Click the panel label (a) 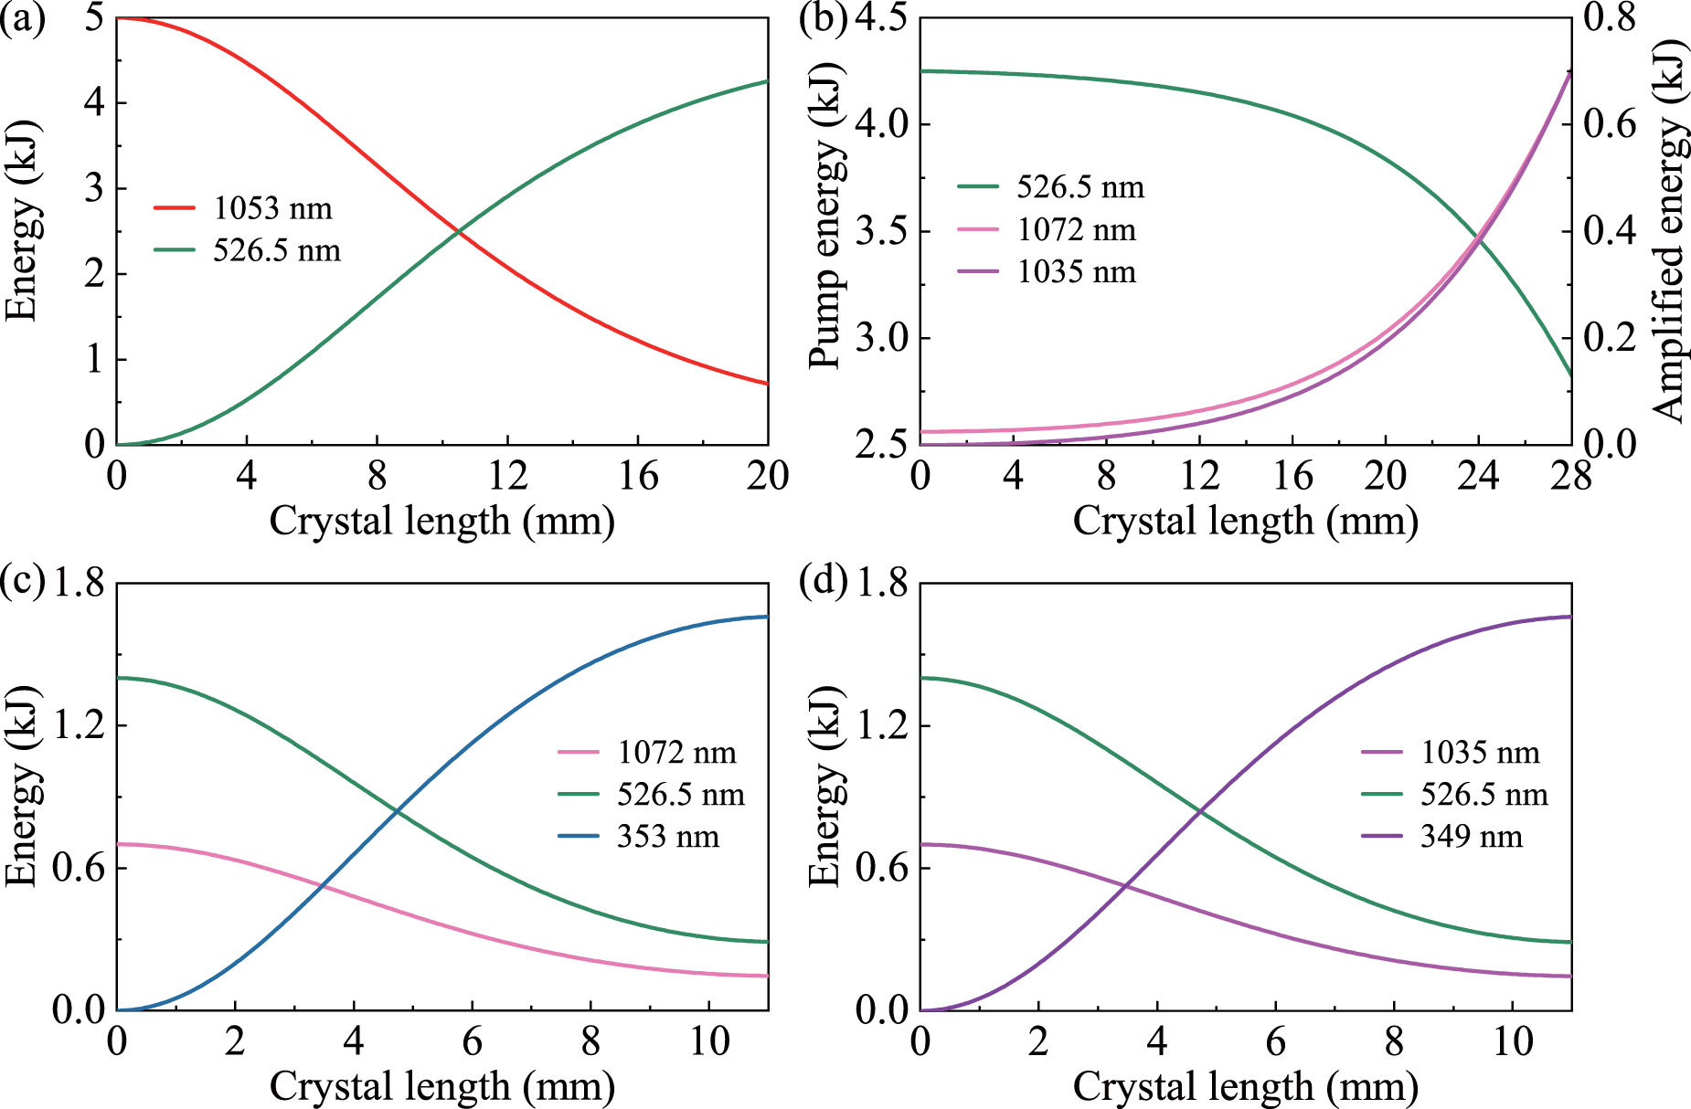pyautogui.click(x=22, y=18)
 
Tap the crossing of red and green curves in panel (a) pyautogui.click(x=458, y=232)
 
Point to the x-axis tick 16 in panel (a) pyautogui.click(x=637, y=476)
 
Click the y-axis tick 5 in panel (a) pyautogui.click(x=93, y=18)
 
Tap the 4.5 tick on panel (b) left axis pyautogui.click(x=886, y=18)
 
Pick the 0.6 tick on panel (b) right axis pyautogui.click(x=1609, y=124)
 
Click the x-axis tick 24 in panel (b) pyautogui.click(x=1478, y=476)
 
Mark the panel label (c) pyautogui.click(x=22, y=582)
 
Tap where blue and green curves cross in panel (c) pyautogui.click(x=397, y=809)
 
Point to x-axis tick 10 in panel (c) pyautogui.click(x=709, y=1041)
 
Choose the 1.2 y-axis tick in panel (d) pyautogui.click(x=881, y=725)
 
